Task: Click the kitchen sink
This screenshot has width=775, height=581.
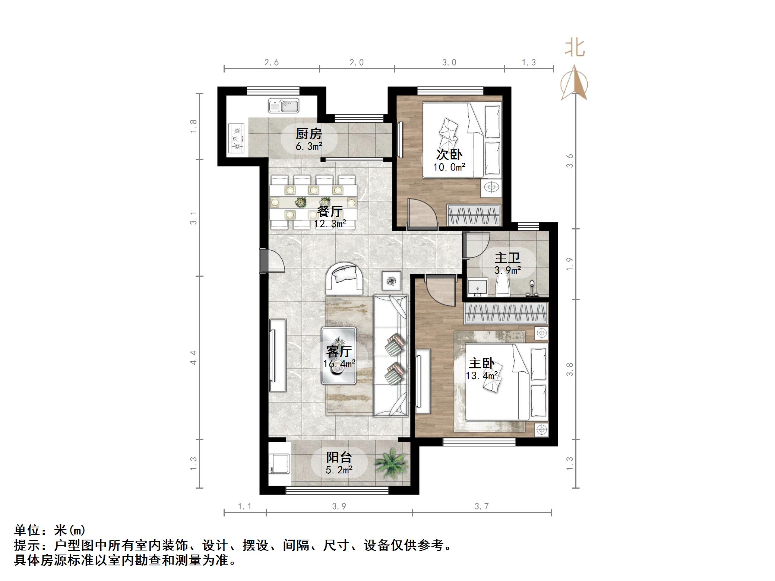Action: coord(284,106)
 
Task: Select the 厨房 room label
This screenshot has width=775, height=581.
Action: coord(309,134)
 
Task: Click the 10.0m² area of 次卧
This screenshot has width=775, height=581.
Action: coord(449,167)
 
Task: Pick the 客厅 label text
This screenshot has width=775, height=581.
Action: coord(339,351)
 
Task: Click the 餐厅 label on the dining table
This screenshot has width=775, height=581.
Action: coord(330,212)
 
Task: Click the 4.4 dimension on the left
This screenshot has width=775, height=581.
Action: coord(193,358)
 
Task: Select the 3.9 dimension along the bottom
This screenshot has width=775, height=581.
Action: coord(339,506)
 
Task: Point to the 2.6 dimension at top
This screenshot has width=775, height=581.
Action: coord(272,63)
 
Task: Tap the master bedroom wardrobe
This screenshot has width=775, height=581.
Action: coord(506,313)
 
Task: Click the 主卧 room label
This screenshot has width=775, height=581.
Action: coord(481,363)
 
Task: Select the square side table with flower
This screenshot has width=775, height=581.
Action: coord(392,281)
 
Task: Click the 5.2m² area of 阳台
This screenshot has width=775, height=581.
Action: coord(339,470)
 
